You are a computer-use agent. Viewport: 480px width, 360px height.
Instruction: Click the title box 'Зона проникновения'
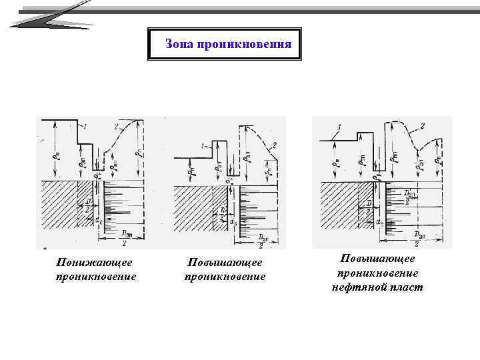225,44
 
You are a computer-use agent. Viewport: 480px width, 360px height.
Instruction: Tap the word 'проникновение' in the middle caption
225,276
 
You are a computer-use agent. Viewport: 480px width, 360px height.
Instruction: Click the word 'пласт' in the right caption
402,287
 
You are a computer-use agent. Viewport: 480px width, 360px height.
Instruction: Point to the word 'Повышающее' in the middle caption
225,263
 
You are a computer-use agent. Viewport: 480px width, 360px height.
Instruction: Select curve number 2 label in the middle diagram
274,145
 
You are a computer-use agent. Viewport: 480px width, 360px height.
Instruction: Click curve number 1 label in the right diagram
340,127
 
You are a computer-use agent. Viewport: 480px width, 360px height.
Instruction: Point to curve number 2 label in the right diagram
421,126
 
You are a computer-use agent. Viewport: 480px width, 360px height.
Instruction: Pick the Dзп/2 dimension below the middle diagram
263,240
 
